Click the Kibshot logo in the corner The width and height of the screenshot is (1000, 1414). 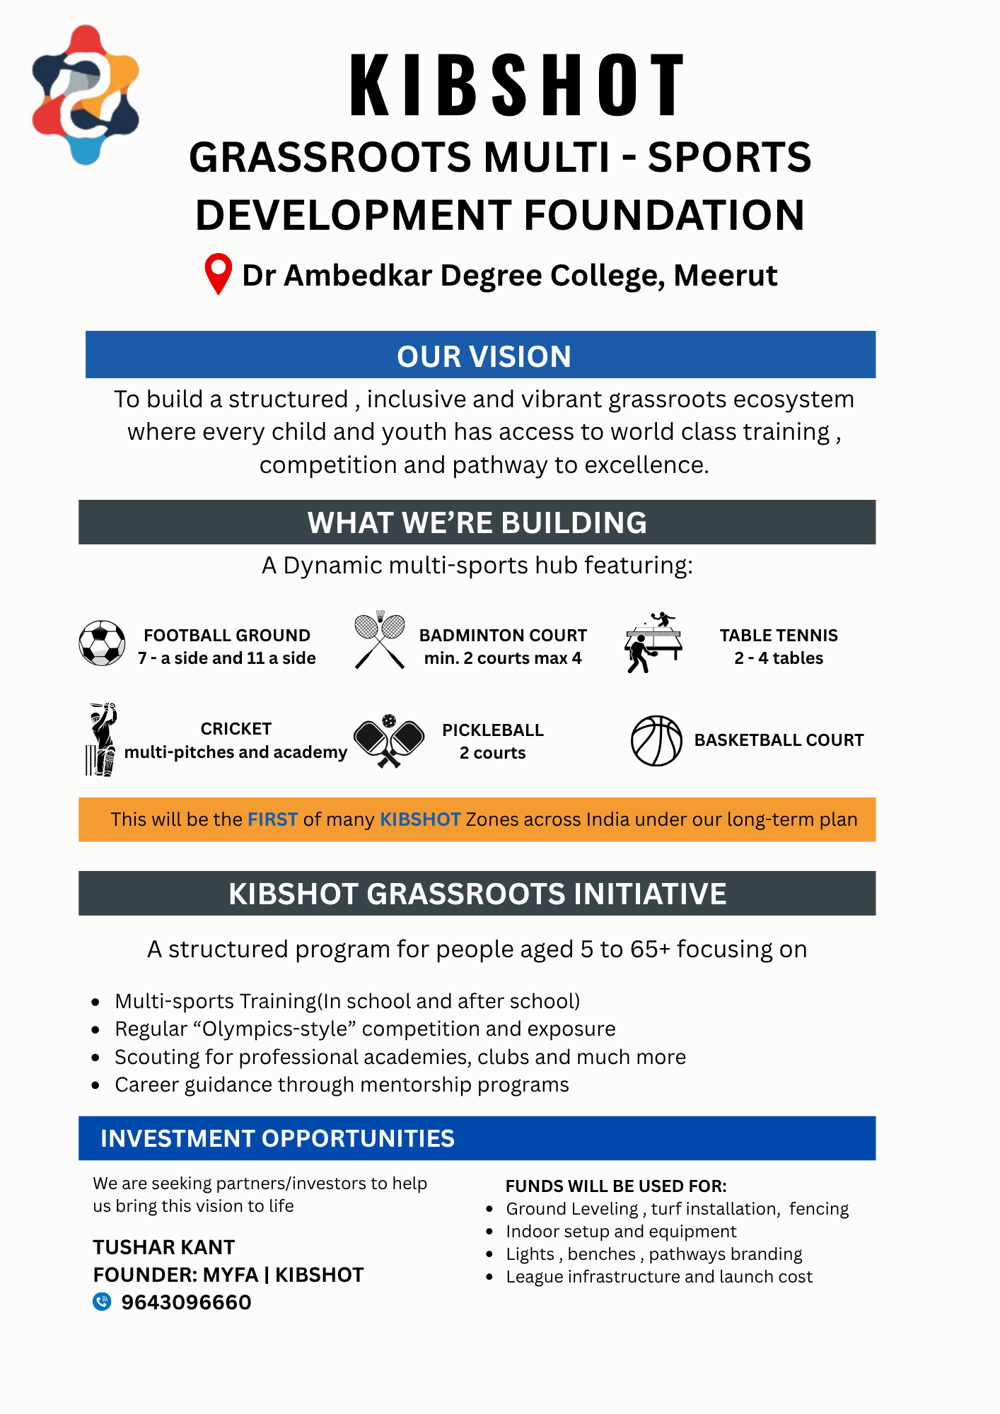tap(86, 95)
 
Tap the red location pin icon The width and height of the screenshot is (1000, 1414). tap(219, 273)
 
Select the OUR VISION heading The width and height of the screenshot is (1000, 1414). tap(484, 356)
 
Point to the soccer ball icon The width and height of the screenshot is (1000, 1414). tap(102, 643)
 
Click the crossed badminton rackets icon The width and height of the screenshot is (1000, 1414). tap(380, 641)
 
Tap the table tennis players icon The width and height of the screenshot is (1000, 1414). tap(653, 643)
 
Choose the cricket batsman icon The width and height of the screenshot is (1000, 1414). tap(102, 740)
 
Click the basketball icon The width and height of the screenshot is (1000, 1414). tap(656, 741)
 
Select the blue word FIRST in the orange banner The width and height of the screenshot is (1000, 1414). tap(272, 819)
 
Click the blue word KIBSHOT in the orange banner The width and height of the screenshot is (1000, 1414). tap(420, 819)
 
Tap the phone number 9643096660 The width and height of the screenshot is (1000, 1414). tap(186, 1302)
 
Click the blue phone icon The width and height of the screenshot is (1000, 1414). tap(103, 1302)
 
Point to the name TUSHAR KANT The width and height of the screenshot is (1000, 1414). tap(163, 1247)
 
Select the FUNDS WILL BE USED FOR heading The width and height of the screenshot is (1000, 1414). tap(616, 1186)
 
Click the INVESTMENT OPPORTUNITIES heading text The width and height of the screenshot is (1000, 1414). tap(277, 1138)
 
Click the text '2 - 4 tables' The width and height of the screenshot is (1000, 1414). tap(779, 658)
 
